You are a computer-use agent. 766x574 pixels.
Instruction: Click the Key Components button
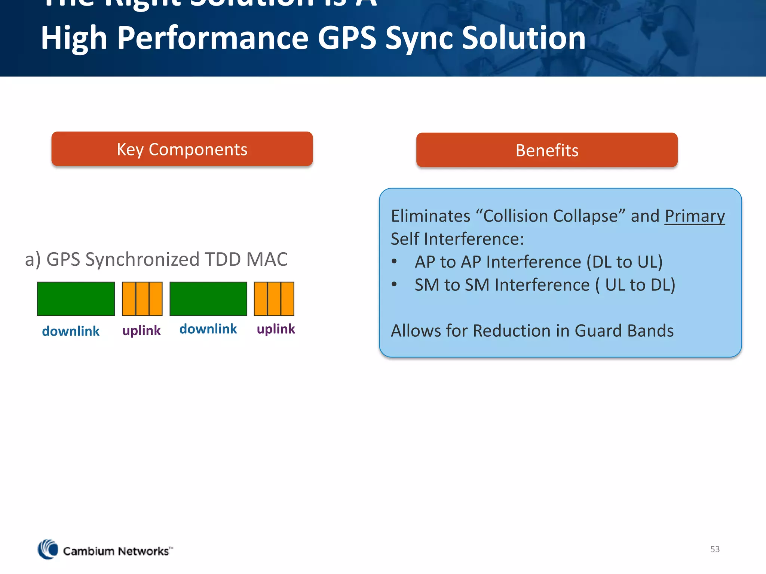[182, 149]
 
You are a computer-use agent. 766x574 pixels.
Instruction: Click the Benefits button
[546, 150]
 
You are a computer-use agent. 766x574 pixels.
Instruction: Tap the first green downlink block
[76, 299]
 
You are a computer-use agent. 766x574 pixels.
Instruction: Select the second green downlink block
[208, 299]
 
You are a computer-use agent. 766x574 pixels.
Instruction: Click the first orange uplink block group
[142, 299]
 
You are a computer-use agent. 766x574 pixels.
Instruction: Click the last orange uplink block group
[274, 299]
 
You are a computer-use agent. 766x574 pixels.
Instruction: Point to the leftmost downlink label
[71, 331]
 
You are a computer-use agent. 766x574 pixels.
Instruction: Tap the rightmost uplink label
[276, 329]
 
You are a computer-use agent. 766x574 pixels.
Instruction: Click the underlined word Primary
[695, 216]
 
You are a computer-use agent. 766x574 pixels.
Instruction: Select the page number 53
[715, 549]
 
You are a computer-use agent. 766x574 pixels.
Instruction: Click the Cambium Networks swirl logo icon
[48, 549]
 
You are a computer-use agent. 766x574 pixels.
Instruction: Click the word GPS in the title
[347, 38]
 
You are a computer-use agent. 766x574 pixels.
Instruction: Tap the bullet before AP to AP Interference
[394, 262]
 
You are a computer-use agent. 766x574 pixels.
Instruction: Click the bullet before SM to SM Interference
[394, 284]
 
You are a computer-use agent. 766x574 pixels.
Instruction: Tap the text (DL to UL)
[624, 262]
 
